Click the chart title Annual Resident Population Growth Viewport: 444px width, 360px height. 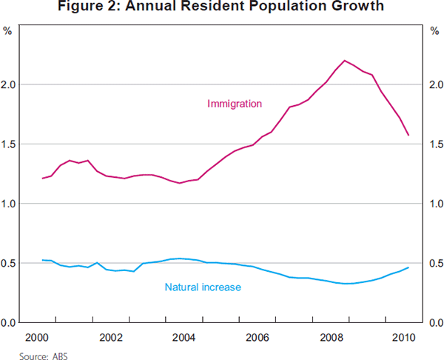coord(222,9)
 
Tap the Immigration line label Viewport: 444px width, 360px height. coord(235,104)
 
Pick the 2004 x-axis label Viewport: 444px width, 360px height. coord(184,339)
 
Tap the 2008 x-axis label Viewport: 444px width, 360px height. coord(329,339)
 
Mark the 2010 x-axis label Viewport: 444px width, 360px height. coord(403,339)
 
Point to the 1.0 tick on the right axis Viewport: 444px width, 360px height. coord(436,204)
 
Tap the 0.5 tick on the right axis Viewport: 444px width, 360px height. coord(436,264)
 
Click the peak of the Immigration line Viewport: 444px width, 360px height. coord(345,60)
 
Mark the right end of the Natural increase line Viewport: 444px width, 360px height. coord(408,267)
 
